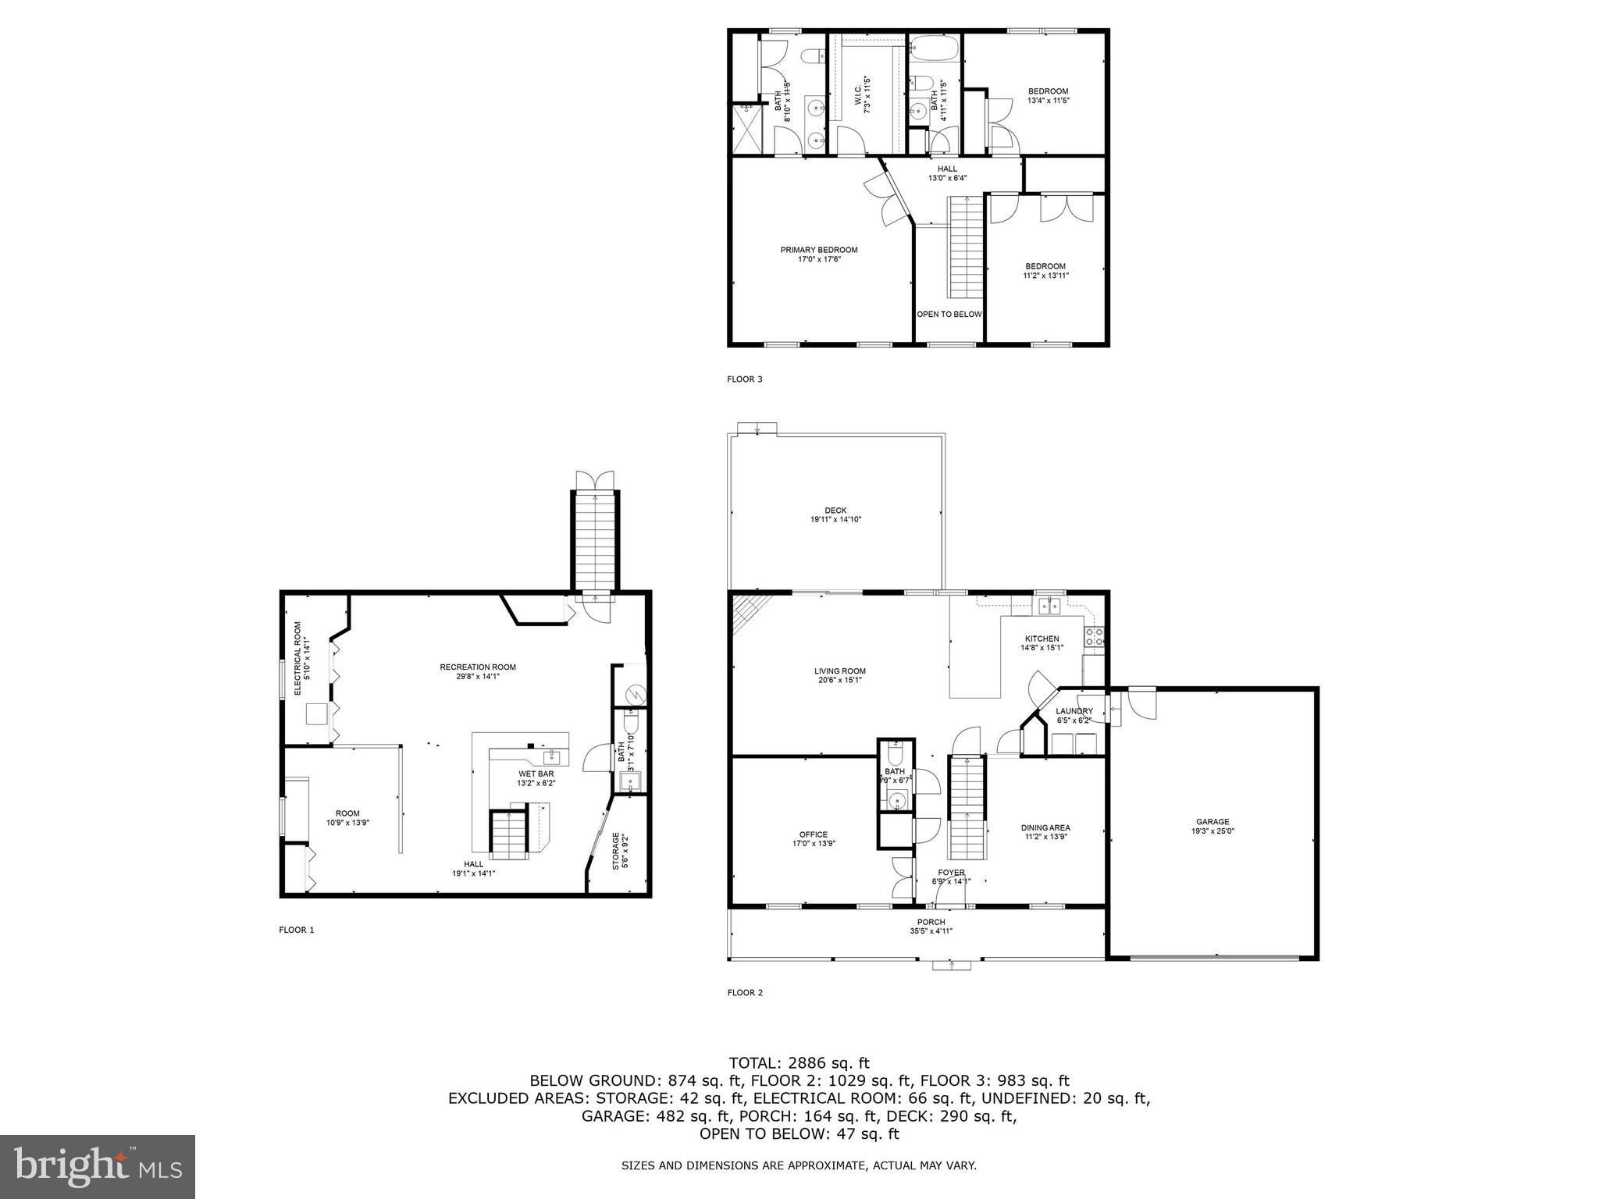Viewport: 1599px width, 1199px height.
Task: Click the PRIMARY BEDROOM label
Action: [818, 250]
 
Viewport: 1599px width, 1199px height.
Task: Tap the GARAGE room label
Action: [1213, 821]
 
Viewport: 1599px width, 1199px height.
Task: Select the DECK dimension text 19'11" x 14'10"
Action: [835, 519]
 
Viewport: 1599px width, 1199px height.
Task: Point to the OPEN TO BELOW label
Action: [949, 315]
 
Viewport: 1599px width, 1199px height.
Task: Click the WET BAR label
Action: [536, 774]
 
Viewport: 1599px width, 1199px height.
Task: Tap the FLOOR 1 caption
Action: [296, 930]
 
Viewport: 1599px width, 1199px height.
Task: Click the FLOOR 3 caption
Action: [744, 379]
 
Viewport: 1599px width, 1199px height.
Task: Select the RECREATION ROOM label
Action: [478, 667]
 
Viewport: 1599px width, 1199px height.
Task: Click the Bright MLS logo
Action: [98, 1166]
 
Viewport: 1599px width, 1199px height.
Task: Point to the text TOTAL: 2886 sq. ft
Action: [799, 1062]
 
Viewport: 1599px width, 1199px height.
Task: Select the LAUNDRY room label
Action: [1074, 711]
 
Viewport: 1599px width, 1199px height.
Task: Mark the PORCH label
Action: [931, 922]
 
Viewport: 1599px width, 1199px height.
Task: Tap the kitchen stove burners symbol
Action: [1094, 636]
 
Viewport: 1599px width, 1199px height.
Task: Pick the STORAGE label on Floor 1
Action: [615, 851]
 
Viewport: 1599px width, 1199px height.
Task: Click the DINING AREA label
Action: [1045, 827]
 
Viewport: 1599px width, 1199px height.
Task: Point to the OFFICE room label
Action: [813, 834]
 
